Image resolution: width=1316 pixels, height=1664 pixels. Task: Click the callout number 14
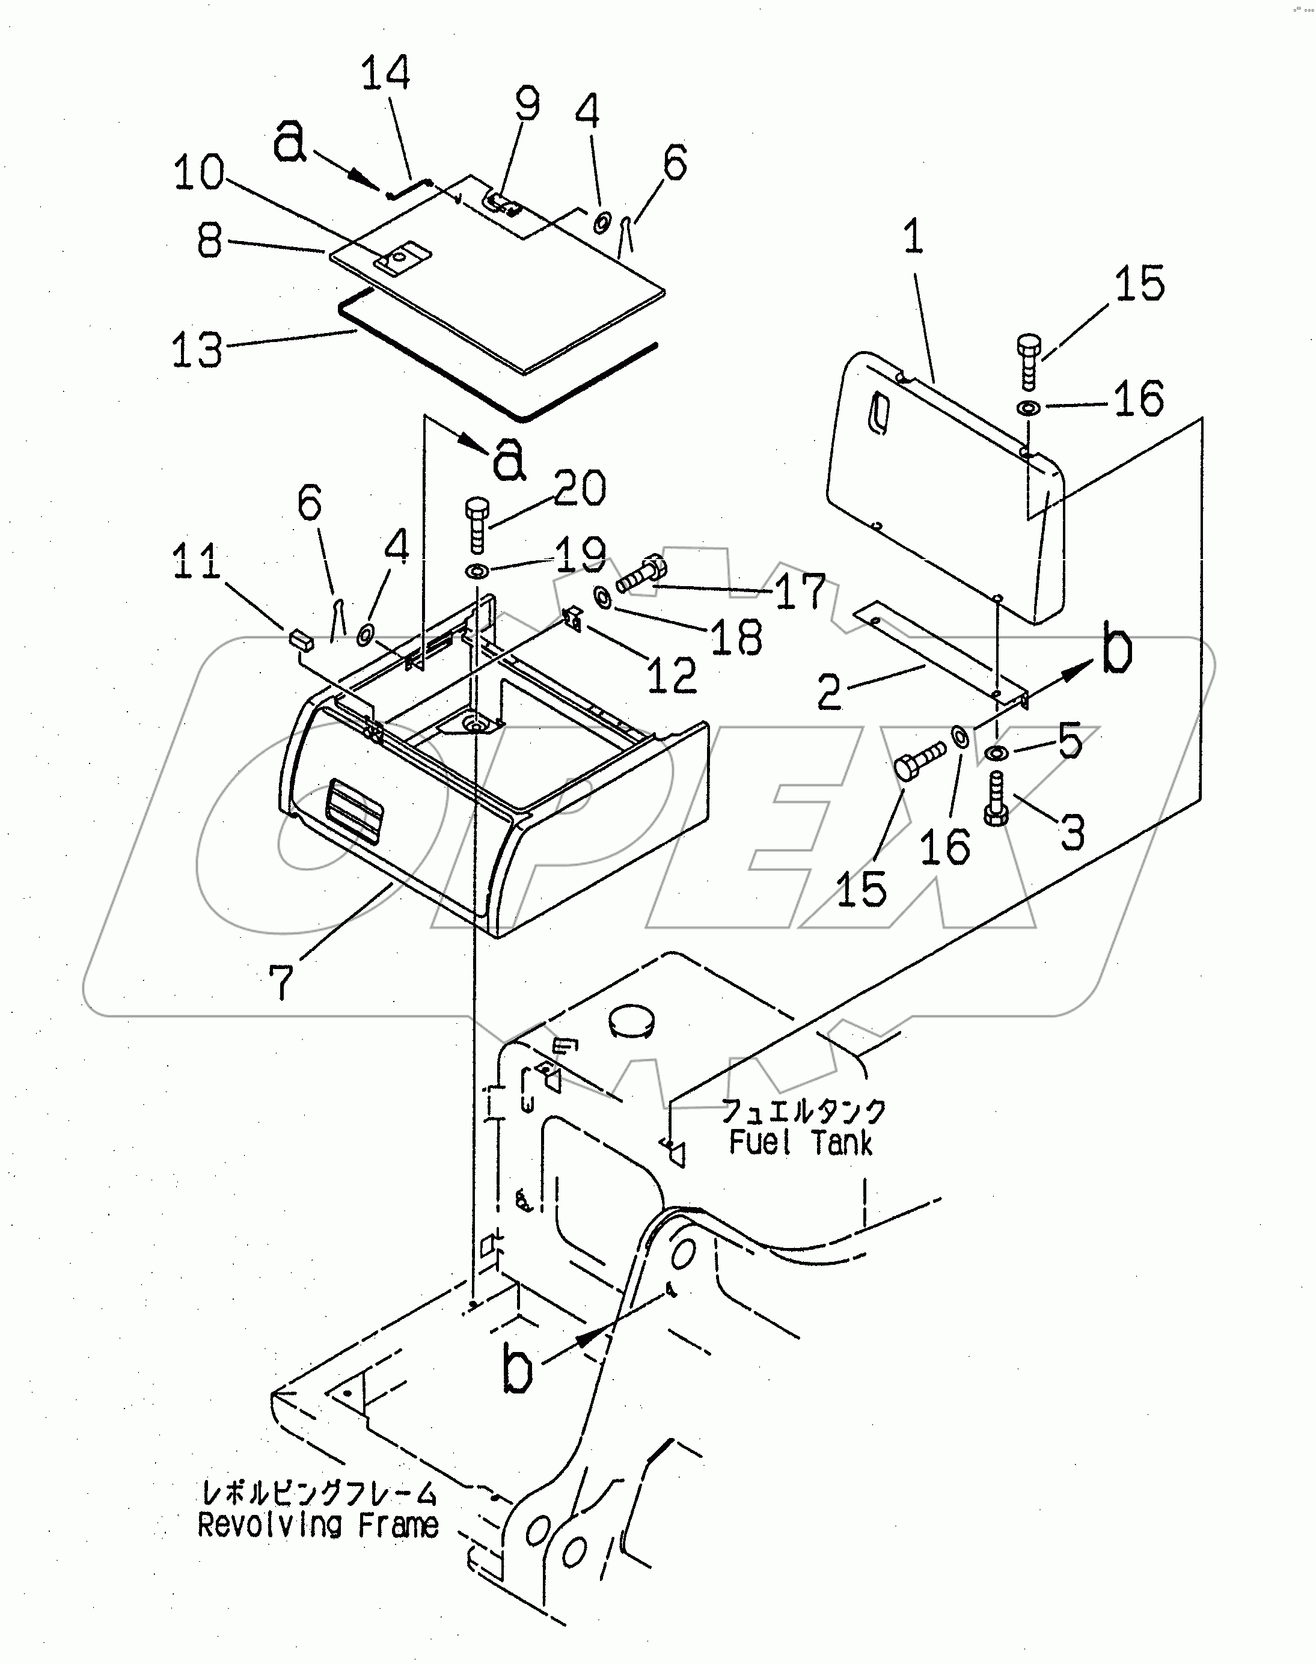click(x=385, y=73)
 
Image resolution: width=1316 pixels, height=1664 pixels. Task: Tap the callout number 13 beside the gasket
click(x=197, y=350)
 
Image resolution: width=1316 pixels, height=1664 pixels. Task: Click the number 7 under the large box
click(x=282, y=982)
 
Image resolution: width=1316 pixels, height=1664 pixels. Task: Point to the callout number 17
click(x=800, y=592)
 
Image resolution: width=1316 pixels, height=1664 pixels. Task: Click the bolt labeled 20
click(x=476, y=525)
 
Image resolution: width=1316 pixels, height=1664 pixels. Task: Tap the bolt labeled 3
click(x=996, y=798)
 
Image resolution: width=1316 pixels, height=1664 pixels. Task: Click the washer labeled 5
click(x=996, y=753)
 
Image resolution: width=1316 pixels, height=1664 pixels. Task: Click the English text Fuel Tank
click(x=801, y=1142)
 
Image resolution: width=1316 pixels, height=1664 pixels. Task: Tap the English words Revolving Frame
click(x=318, y=1525)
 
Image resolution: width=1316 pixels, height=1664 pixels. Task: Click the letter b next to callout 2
click(x=1116, y=649)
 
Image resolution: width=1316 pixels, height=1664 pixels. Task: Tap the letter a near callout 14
click(x=289, y=141)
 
